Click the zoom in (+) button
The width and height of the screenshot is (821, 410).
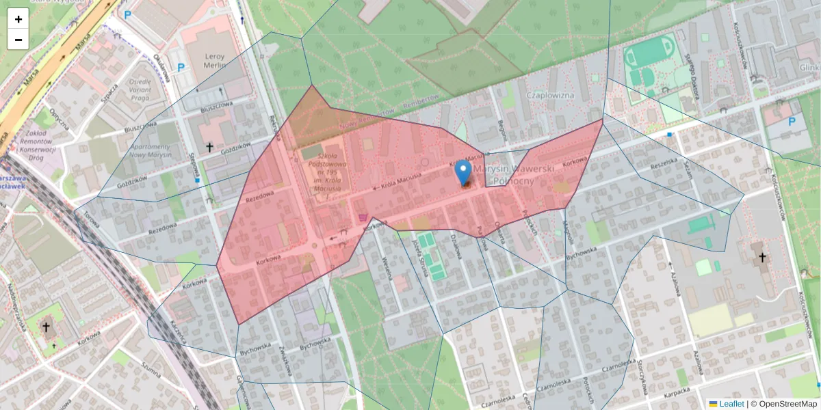pyautogui.click(x=18, y=19)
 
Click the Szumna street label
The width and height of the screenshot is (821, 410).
pyautogui.click(x=151, y=370)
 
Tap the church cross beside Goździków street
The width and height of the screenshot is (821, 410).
pyautogui.click(x=210, y=147)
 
